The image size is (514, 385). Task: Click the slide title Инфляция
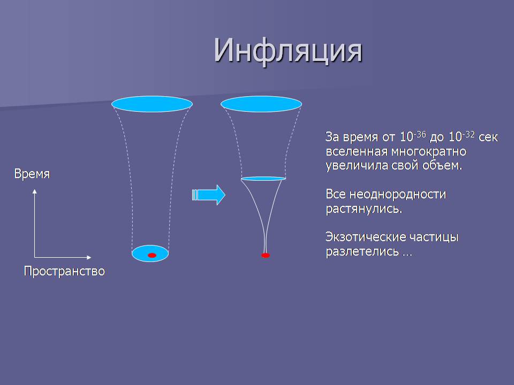pos(288,51)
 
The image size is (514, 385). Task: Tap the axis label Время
pos(32,173)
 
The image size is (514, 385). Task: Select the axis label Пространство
pos(64,271)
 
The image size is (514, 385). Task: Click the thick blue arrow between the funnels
pos(208,195)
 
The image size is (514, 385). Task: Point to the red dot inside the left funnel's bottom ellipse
pos(152,255)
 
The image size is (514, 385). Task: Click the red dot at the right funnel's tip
pos(266,255)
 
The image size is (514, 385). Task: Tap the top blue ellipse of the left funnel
pos(152,104)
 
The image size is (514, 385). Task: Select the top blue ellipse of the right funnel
pos(261,104)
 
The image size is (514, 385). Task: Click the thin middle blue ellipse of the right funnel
pos(263,179)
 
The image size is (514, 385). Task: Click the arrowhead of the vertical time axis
pos(35,191)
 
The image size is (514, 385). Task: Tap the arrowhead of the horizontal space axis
pos(89,257)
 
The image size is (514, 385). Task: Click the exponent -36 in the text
pos(420,134)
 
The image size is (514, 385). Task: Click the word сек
pos(488,137)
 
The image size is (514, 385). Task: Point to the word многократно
pos(429,151)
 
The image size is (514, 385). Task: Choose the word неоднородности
pos(398,195)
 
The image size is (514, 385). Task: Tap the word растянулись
pos(364,209)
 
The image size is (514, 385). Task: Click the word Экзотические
pos(371,237)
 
